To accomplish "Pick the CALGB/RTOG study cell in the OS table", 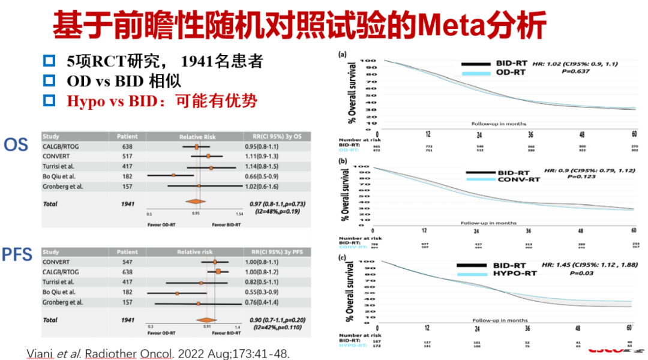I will pyautogui.click(x=62, y=146).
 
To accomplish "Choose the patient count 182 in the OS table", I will pyautogui.click(x=127, y=175).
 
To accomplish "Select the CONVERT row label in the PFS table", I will pyautogui.click(x=57, y=262).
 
